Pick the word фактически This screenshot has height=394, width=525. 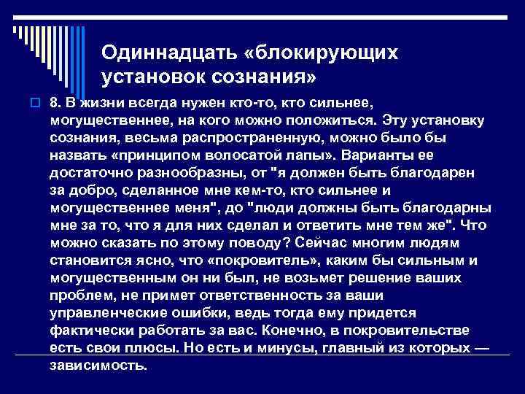click(x=88, y=330)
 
